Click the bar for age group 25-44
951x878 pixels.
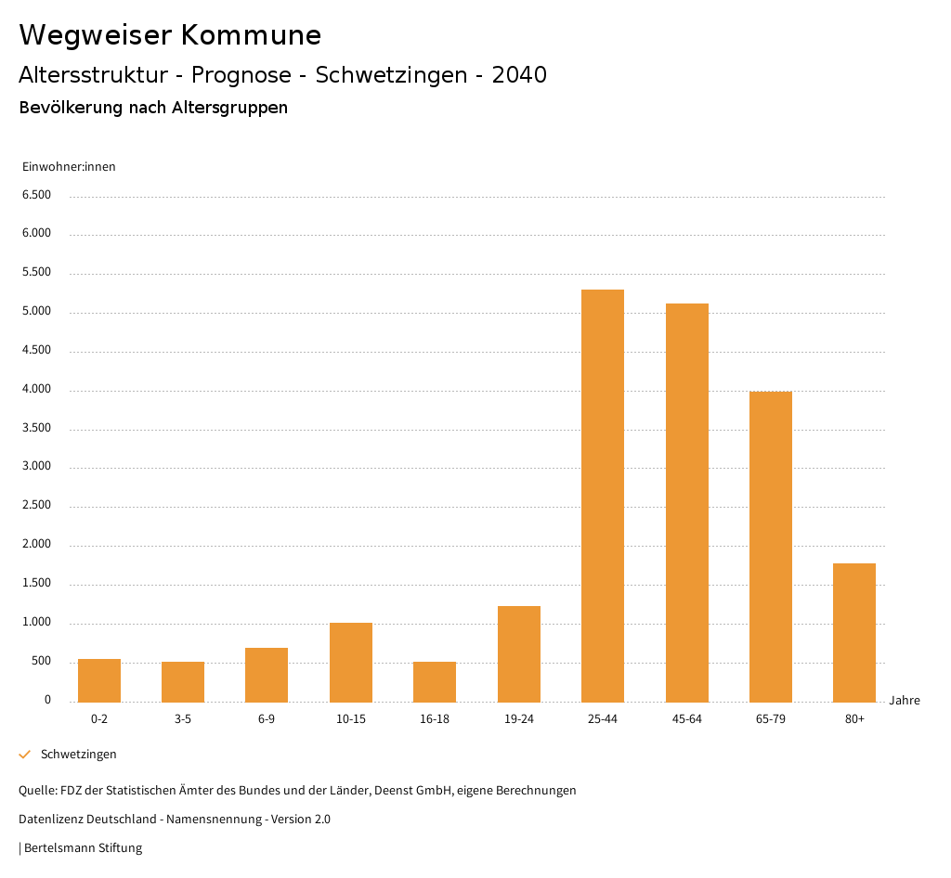[603, 496]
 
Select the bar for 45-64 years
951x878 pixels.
[686, 502]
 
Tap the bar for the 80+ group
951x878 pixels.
[854, 632]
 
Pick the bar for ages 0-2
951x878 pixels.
[99, 680]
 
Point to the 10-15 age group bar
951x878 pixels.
[351, 662]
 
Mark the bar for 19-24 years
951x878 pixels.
[519, 653]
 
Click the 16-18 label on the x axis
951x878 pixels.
[435, 719]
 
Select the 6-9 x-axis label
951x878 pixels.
[267, 719]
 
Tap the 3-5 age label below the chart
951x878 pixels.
[183, 719]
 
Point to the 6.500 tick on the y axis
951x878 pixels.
[36, 195]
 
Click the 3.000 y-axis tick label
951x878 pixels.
[36, 467]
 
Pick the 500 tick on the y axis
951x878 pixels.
[41, 662]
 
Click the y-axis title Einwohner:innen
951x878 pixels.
[69, 167]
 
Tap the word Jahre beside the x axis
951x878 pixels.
[905, 701]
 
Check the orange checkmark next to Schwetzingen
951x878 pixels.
[25, 755]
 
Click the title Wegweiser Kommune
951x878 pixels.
[170, 35]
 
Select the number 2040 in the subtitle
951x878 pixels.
[519, 75]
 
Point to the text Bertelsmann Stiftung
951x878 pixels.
[83, 848]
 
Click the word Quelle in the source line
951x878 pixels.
[36, 791]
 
